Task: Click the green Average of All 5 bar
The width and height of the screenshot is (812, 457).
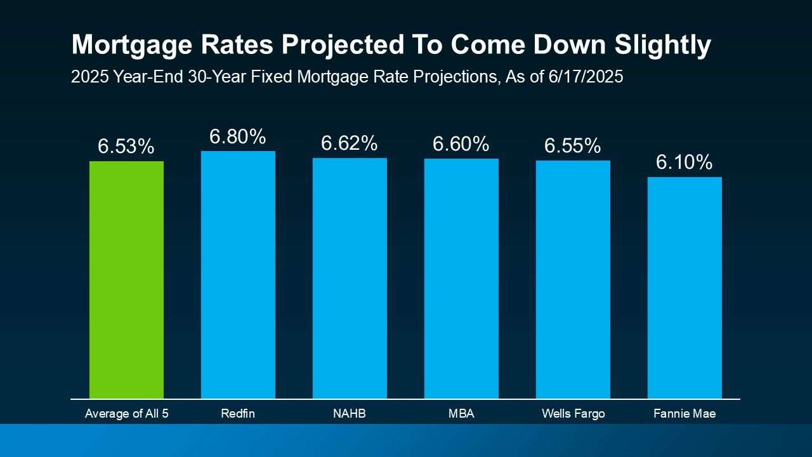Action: [126, 279]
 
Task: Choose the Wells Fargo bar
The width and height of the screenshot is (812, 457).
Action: [573, 279]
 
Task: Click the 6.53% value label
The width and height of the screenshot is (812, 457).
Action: [126, 147]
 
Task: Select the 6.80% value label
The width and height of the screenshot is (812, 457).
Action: [238, 136]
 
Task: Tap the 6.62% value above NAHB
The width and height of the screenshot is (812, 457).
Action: [350, 143]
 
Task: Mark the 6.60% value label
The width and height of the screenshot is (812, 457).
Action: [461, 144]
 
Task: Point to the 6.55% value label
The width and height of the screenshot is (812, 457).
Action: [573, 146]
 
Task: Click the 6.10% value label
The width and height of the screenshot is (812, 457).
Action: [684, 162]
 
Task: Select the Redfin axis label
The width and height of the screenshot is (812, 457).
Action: [238, 414]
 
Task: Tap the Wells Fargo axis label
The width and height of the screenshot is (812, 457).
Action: [573, 414]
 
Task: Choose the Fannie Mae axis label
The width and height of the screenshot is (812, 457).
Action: [684, 414]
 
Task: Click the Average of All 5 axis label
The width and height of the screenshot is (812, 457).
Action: [126, 414]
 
